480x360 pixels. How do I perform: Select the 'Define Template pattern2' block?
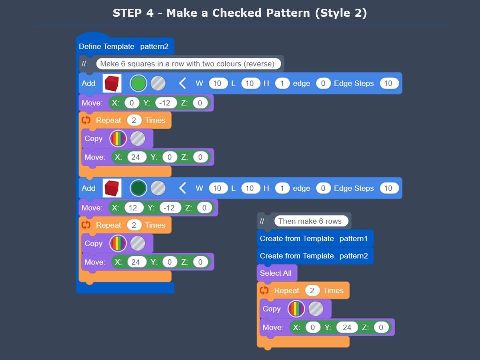pyautogui.click(x=124, y=46)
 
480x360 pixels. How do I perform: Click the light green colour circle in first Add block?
pyautogui.click(x=138, y=83)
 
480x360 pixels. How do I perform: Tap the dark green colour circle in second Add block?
pyautogui.click(x=138, y=188)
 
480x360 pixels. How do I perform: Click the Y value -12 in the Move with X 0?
pyautogui.click(x=166, y=103)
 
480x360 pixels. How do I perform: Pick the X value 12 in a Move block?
pyautogui.click(x=133, y=208)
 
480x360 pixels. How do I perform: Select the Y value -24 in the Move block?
pyautogui.click(x=347, y=328)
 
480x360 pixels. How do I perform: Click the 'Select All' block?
pyautogui.click(x=276, y=273)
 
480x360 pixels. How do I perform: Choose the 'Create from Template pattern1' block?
pyautogui.click(x=315, y=239)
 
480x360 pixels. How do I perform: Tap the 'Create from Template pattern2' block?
pyautogui.click(x=315, y=256)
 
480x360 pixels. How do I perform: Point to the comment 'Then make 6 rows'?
pyautogui.click(x=310, y=221)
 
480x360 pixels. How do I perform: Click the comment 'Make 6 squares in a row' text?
pyautogui.click(x=187, y=64)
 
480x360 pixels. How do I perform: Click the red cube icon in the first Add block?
pyautogui.click(x=112, y=83)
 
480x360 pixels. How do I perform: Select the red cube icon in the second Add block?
pyautogui.click(x=112, y=188)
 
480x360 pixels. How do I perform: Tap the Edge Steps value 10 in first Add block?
pyautogui.click(x=388, y=83)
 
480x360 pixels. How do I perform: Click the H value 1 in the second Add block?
pyautogui.click(x=282, y=188)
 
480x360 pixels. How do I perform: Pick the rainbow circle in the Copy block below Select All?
pyautogui.click(x=297, y=309)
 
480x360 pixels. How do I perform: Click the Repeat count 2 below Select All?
pyautogui.click(x=312, y=290)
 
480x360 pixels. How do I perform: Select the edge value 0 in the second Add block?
pyautogui.click(x=323, y=188)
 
